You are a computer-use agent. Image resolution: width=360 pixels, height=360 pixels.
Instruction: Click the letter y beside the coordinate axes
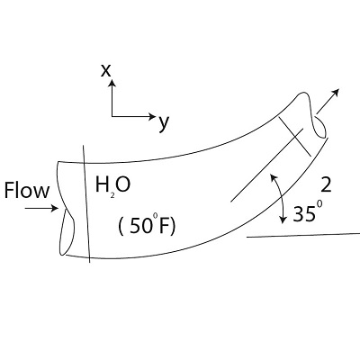click(163, 122)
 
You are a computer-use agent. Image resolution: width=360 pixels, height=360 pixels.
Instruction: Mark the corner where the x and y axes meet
click(112, 116)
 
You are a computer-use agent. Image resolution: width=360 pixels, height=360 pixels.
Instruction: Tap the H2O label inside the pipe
click(112, 185)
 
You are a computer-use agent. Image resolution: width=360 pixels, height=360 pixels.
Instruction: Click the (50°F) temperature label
click(147, 225)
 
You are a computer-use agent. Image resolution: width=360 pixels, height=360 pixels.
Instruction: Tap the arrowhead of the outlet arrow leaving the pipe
click(338, 92)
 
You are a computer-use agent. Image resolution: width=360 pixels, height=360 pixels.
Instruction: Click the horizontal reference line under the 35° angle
click(302, 236)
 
